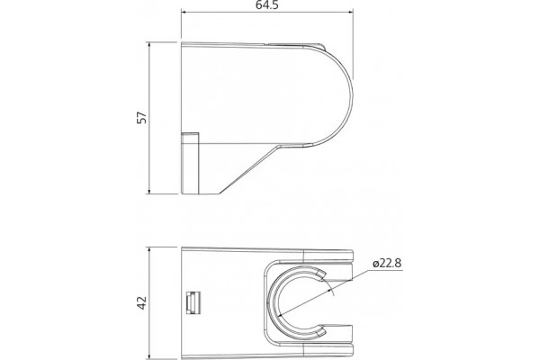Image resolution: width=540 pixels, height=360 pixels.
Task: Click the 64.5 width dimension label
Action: [267, 4]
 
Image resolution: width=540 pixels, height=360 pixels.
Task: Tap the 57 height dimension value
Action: [142, 118]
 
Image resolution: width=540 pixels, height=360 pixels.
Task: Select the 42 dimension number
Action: [142, 302]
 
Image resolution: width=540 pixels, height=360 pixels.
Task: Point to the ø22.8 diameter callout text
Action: [387, 263]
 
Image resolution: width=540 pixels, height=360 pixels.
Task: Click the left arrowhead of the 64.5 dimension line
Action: [184, 13]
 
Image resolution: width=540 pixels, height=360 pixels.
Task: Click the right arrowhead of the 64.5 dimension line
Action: [350, 13]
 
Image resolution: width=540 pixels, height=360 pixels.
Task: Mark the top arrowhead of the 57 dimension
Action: [149, 45]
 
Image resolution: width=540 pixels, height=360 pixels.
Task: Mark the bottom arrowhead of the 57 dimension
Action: [149, 191]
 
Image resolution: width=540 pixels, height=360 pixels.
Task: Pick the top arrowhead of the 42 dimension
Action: [149, 250]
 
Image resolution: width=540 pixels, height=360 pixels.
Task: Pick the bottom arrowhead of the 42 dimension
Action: [149, 355]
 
